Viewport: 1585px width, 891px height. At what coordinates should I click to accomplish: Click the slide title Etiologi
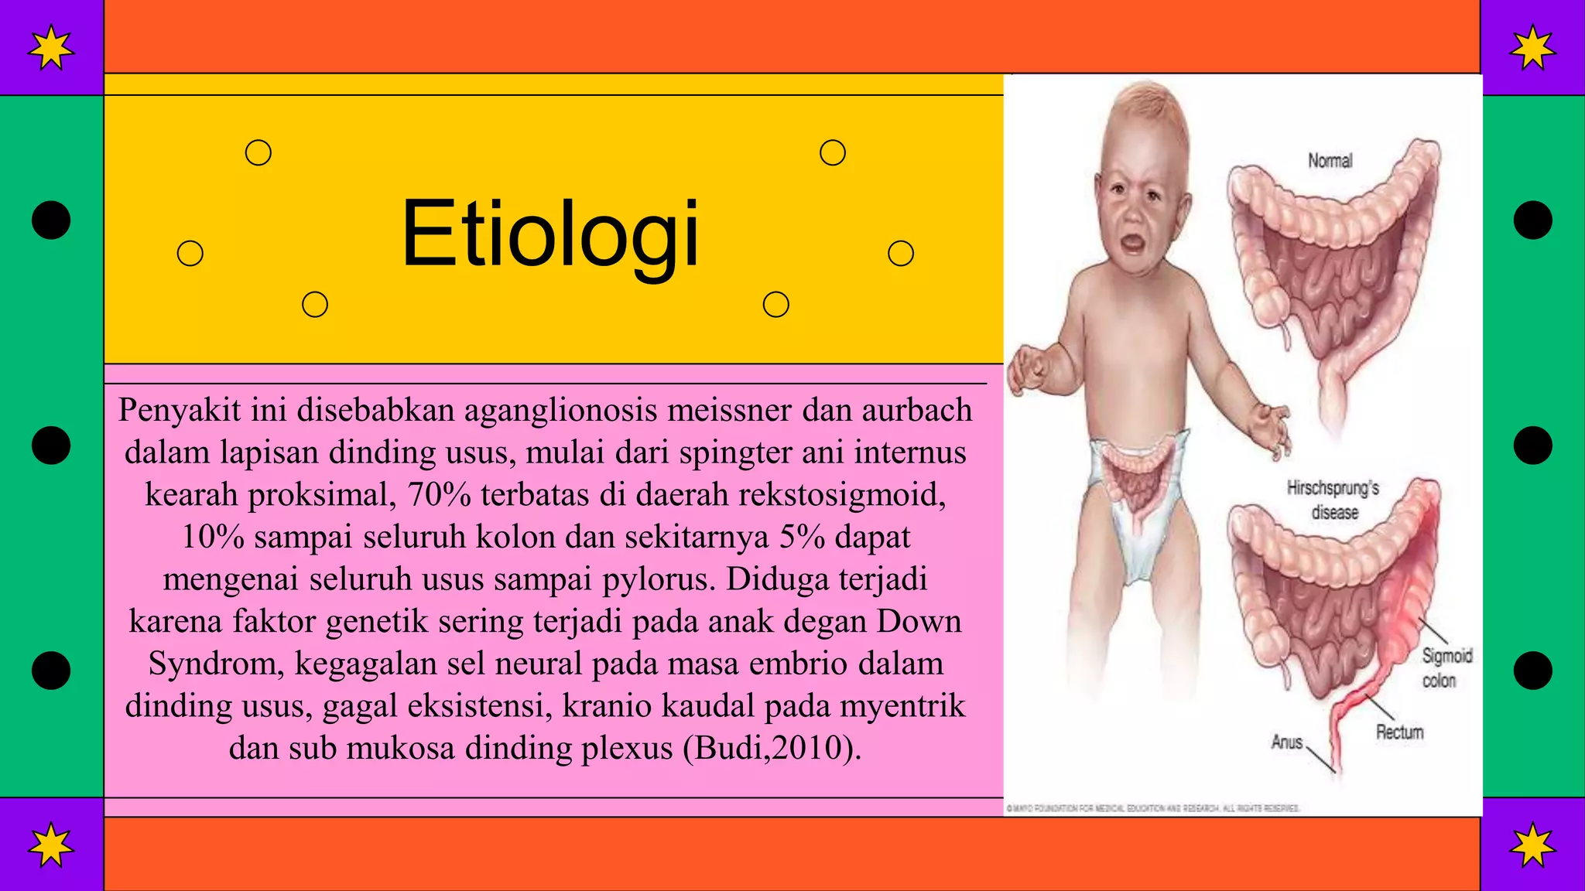(x=549, y=234)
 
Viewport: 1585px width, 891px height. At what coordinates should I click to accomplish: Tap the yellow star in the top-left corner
(x=51, y=47)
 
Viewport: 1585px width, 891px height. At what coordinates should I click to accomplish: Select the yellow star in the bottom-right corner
(x=1532, y=845)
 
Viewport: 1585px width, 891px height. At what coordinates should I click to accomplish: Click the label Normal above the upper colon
(x=1330, y=161)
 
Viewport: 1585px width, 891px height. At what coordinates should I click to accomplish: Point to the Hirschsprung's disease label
(x=1333, y=500)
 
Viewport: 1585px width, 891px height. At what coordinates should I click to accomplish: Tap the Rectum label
(x=1399, y=732)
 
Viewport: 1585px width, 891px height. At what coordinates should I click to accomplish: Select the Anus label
(x=1286, y=742)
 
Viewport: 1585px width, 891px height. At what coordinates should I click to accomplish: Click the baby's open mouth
(x=1132, y=244)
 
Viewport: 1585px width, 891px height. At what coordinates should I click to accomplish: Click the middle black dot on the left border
(x=51, y=445)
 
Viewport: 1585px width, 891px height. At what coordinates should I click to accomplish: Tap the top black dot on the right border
(x=1532, y=220)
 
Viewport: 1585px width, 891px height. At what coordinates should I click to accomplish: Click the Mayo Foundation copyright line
(x=1153, y=808)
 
